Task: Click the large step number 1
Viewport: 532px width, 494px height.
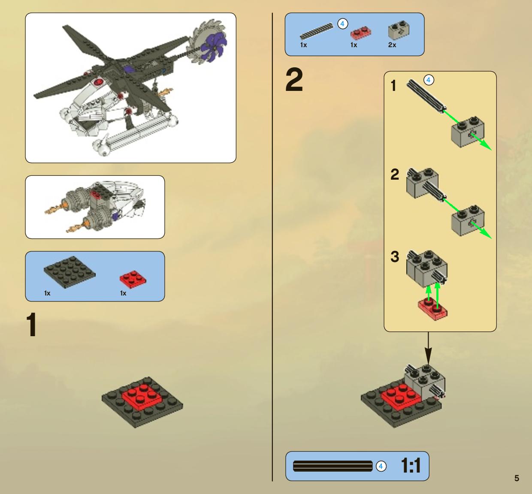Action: pyautogui.click(x=32, y=325)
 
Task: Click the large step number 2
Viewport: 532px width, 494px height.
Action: pyautogui.click(x=294, y=80)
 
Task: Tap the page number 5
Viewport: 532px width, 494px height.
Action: pyautogui.click(x=517, y=478)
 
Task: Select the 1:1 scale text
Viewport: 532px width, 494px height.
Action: pyautogui.click(x=411, y=466)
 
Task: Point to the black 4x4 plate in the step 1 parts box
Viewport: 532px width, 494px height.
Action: pyautogui.click(x=70, y=272)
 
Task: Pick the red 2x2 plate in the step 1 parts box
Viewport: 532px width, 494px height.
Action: pyautogui.click(x=133, y=280)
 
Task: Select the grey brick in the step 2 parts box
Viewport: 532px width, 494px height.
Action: pyautogui.click(x=399, y=31)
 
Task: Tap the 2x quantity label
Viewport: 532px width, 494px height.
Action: pyautogui.click(x=392, y=45)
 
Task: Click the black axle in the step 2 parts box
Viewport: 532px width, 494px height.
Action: pyautogui.click(x=317, y=31)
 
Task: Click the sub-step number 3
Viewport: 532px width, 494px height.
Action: pyautogui.click(x=395, y=256)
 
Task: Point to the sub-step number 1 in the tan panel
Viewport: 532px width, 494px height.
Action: pyautogui.click(x=393, y=86)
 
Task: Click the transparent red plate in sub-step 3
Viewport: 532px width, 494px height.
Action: pyautogui.click(x=432, y=310)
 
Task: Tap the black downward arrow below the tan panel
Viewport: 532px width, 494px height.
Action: pyautogui.click(x=428, y=348)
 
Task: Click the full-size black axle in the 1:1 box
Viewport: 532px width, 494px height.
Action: pyautogui.click(x=332, y=466)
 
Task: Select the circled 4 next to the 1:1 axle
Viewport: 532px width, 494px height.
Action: pyautogui.click(x=381, y=466)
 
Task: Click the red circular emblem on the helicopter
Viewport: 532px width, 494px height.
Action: pyautogui.click(x=98, y=81)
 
